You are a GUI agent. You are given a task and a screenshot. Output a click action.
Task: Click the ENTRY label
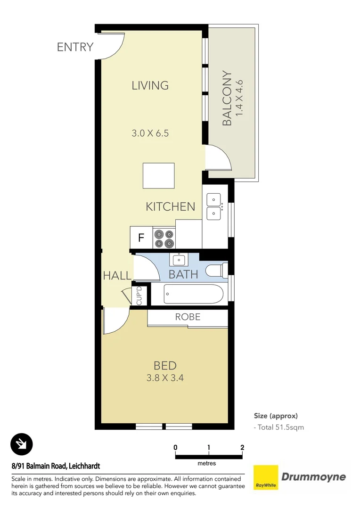pyautogui.click(x=75, y=47)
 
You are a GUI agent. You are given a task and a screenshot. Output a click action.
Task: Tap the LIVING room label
pyautogui.click(x=150, y=85)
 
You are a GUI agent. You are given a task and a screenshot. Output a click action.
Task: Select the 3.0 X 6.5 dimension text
pyautogui.click(x=150, y=133)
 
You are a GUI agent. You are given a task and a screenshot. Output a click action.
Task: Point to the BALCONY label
pyautogui.click(x=227, y=99)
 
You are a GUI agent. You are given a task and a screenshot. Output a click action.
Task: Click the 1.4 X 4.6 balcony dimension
pyautogui.click(x=240, y=99)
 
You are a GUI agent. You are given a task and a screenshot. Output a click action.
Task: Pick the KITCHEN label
pyautogui.click(x=170, y=206)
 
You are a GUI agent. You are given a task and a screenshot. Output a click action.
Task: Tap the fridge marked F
pyautogui.click(x=141, y=238)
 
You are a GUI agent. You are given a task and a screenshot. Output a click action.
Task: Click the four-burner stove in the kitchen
pyautogui.click(x=164, y=238)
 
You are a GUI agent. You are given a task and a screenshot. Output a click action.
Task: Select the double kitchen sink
pyautogui.click(x=214, y=206)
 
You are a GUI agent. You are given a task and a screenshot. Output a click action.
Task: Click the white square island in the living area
pyautogui.click(x=159, y=176)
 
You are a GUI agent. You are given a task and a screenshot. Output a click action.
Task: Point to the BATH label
pyautogui.click(x=183, y=274)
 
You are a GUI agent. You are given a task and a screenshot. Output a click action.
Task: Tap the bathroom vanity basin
pyautogui.click(x=179, y=260)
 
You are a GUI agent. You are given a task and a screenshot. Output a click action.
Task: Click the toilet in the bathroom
pyautogui.click(x=217, y=271)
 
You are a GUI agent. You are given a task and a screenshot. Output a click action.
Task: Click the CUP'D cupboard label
pyautogui.click(x=139, y=296)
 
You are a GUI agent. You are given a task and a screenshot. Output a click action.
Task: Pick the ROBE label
pyautogui.click(x=188, y=317)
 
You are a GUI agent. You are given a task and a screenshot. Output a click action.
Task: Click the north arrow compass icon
pyautogui.click(x=22, y=443)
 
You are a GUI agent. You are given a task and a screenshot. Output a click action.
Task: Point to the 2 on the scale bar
pyautogui.click(x=242, y=447)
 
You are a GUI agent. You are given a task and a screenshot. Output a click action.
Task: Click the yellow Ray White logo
pyautogui.click(x=265, y=477)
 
